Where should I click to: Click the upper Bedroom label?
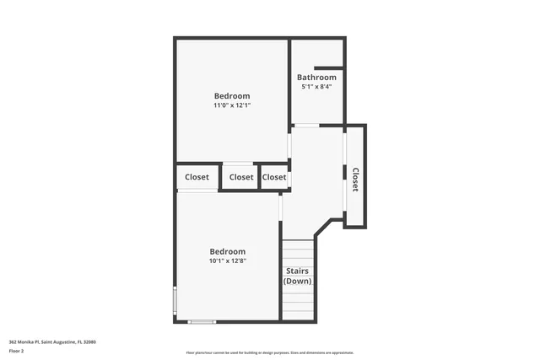(x=231, y=96)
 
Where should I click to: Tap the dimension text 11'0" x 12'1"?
(x=231, y=106)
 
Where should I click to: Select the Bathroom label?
(x=316, y=78)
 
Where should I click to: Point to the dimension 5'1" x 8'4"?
(x=316, y=87)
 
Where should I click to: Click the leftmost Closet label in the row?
(x=197, y=178)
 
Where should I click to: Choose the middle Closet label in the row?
(x=241, y=178)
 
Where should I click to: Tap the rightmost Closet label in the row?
(x=274, y=178)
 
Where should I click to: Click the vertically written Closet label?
(x=355, y=179)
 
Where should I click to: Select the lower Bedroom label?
(x=228, y=251)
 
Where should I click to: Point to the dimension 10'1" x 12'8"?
(x=228, y=261)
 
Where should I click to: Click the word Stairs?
(x=297, y=271)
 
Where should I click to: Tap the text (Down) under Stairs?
(x=297, y=281)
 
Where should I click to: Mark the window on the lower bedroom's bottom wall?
(x=202, y=321)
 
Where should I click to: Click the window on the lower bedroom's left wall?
(x=175, y=300)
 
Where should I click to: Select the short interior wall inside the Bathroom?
(x=328, y=67)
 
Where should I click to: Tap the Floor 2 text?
(x=18, y=351)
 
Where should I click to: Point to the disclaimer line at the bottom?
(x=269, y=353)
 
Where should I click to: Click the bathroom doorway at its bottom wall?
(x=305, y=126)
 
